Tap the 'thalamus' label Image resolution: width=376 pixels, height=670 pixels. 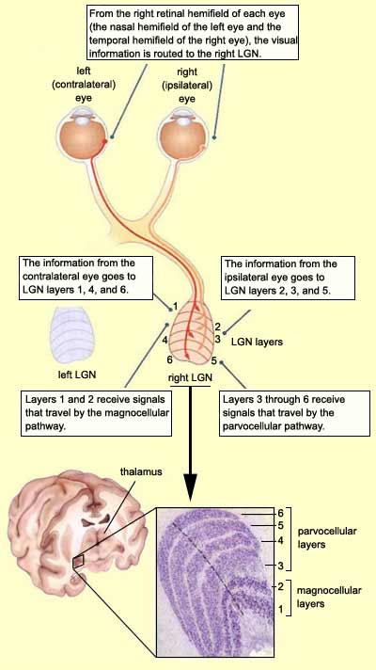pos(140,472)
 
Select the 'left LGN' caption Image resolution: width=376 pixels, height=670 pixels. pos(77,375)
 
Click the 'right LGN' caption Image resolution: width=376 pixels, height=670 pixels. pos(190,378)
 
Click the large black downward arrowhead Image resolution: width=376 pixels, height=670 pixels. pos(190,487)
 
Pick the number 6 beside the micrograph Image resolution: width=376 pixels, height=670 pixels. pos(280,512)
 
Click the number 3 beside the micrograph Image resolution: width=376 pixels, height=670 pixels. pos(280,566)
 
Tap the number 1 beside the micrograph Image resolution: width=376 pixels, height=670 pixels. pos(280,609)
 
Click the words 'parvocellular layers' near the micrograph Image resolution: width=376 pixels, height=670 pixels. pos(327,538)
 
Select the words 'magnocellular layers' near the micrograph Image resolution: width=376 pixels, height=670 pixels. pos(329,597)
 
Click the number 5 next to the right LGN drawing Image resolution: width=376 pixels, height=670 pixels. pos(213,360)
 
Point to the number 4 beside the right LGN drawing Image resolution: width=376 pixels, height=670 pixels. pos(164,341)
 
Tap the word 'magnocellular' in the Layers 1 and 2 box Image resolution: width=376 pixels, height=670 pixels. pos(140,413)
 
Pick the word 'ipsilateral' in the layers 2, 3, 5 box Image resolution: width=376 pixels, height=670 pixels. pos(246,277)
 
